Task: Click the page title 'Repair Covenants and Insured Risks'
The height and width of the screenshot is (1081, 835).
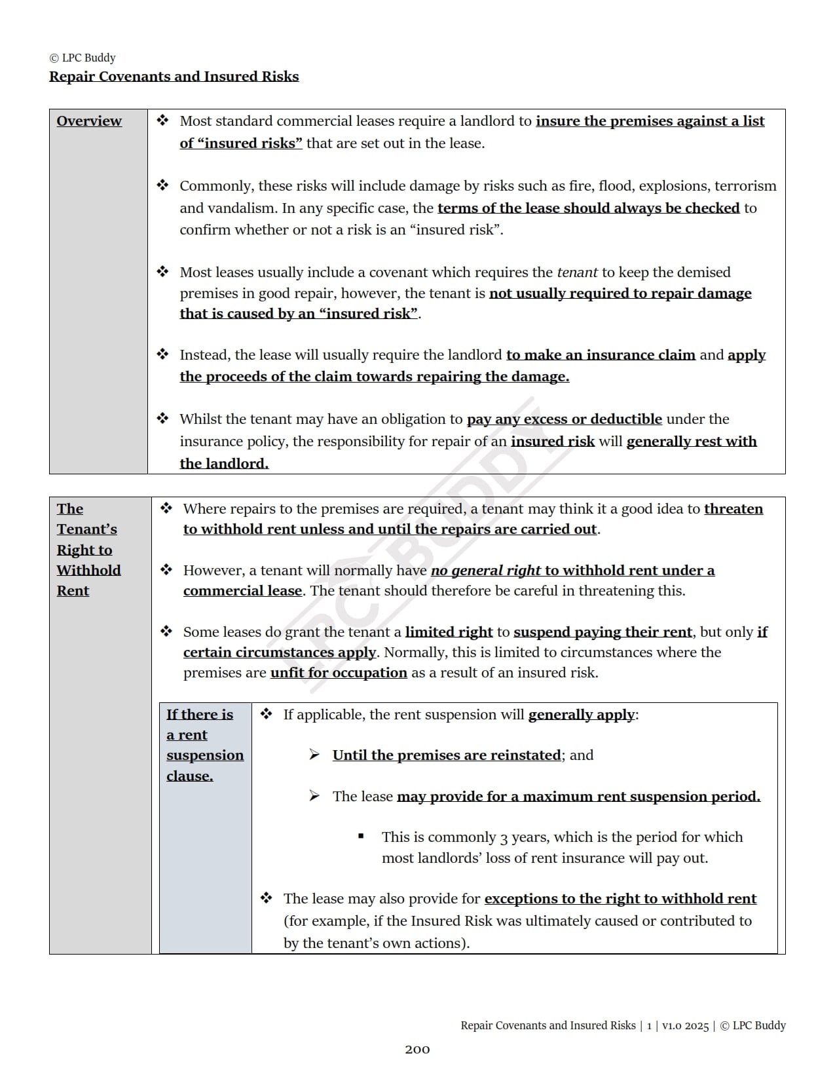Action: [174, 77]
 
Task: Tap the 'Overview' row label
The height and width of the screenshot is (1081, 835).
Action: [89, 121]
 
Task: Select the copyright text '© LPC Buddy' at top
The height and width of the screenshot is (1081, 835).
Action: [83, 58]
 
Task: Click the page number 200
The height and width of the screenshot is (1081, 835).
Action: [417, 1050]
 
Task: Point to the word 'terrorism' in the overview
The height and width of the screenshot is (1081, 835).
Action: [745, 186]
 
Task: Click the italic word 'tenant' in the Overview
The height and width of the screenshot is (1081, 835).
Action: [577, 273]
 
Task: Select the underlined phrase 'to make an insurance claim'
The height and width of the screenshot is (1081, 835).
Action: [601, 355]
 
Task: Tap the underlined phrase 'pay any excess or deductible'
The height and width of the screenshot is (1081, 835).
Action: [564, 419]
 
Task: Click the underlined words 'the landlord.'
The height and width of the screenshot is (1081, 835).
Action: [224, 464]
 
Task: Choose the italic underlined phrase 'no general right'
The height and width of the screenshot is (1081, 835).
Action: [486, 571]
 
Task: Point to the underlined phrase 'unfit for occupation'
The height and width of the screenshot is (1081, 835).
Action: [339, 673]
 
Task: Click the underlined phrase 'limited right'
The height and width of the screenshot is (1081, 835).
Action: [449, 632]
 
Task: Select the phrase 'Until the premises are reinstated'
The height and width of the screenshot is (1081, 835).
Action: [447, 755]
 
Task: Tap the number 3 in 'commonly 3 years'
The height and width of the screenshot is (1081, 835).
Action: [504, 838]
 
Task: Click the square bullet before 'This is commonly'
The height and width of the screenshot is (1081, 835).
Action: [361, 837]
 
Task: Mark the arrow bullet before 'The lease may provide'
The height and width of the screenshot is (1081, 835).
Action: [315, 796]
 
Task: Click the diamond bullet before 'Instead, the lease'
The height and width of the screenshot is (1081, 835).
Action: [162, 354]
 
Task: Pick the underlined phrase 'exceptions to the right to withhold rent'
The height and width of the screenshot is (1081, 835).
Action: [620, 899]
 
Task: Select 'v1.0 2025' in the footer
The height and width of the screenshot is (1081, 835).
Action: [685, 1026]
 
